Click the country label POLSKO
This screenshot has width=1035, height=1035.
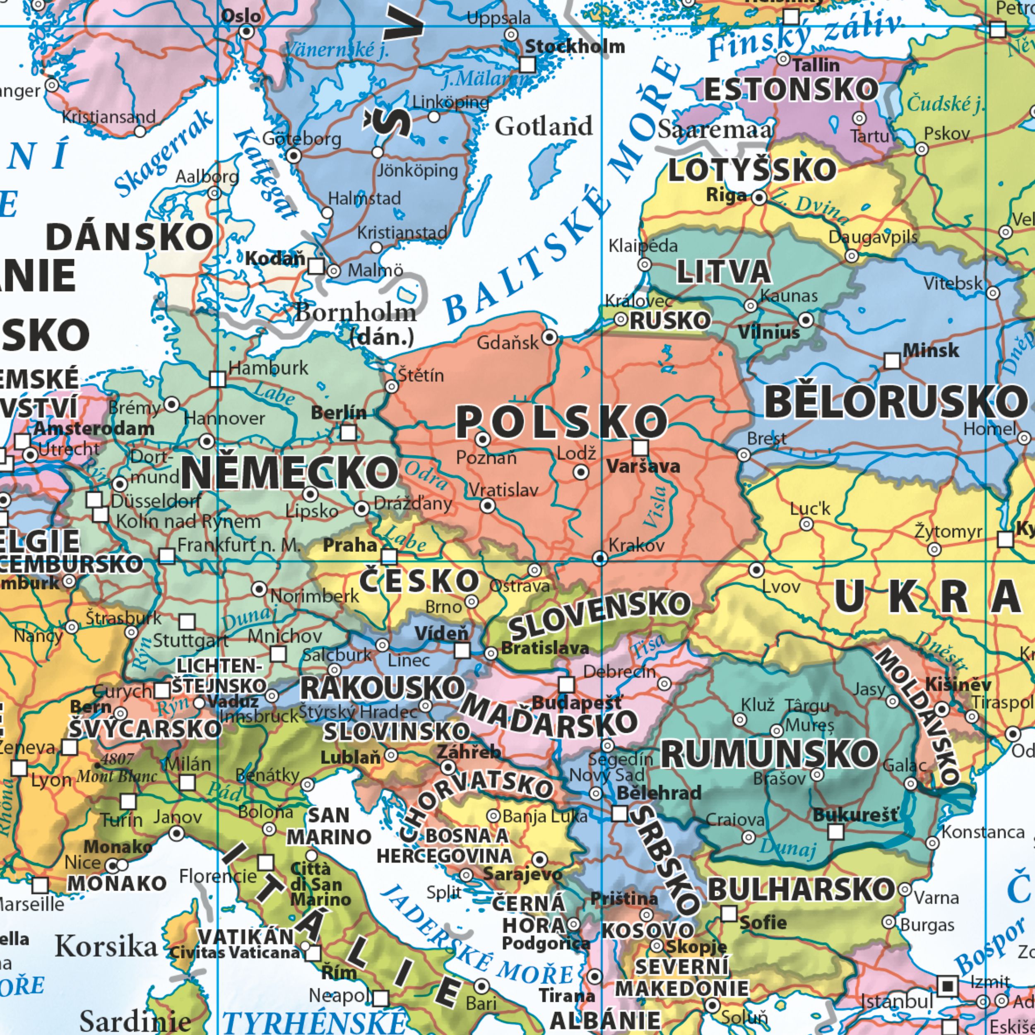[x=561, y=421]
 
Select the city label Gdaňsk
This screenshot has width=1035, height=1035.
[x=507, y=342]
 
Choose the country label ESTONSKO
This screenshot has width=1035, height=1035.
[x=791, y=89]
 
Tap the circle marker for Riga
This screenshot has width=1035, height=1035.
[x=759, y=198]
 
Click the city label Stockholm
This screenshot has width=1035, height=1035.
[x=574, y=47]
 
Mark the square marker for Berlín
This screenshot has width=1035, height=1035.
[x=348, y=432]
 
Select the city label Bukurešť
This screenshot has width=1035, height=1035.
[x=855, y=815]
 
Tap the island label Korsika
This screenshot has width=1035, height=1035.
[x=106, y=946]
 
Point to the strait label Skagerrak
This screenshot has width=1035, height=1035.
[x=164, y=154]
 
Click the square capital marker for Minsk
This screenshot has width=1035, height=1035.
[x=891, y=361]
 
